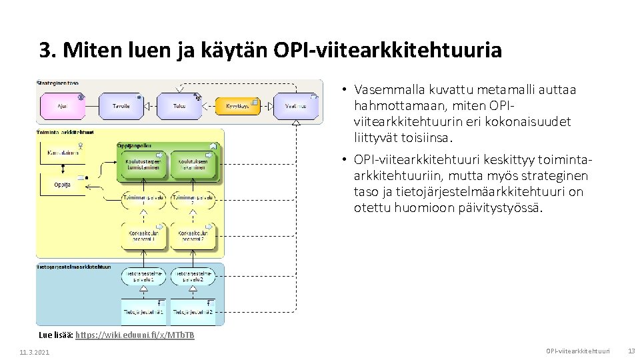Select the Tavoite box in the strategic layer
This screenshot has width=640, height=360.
click(x=121, y=106)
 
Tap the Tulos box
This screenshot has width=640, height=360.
click(x=179, y=106)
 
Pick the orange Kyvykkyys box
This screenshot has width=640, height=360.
click(x=237, y=106)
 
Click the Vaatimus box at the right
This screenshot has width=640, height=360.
click(x=295, y=106)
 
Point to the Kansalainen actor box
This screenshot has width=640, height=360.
click(x=63, y=153)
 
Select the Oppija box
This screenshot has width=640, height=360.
click(x=63, y=185)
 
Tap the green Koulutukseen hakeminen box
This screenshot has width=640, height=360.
click(x=194, y=165)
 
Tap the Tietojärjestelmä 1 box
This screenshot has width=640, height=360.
click(x=143, y=311)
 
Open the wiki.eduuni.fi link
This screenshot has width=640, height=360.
click(x=135, y=335)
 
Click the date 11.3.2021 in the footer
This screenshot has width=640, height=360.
click(x=35, y=351)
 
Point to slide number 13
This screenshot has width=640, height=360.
click(x=631, y=351)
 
